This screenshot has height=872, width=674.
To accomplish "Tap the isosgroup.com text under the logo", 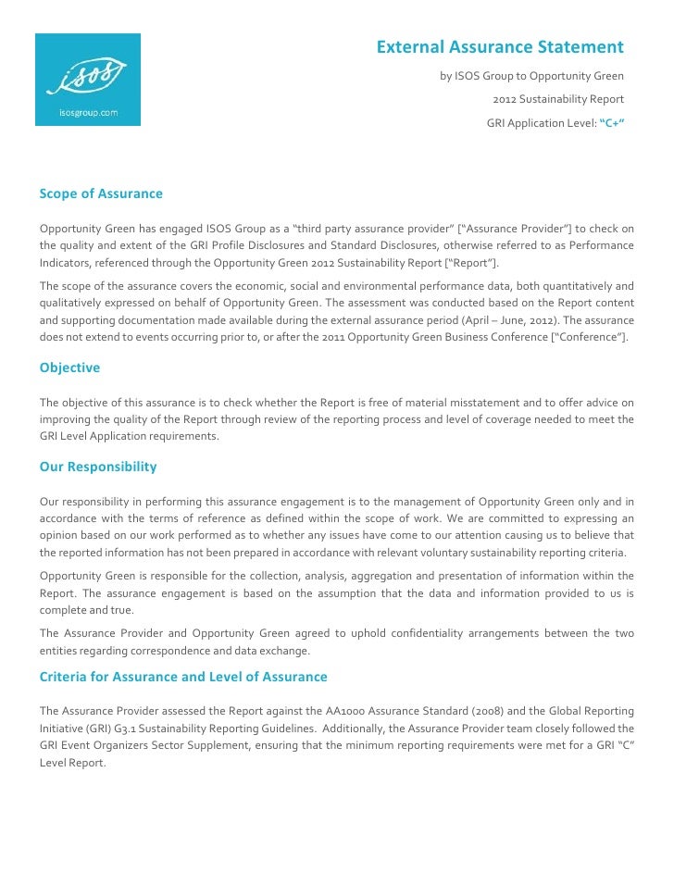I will [87, 114].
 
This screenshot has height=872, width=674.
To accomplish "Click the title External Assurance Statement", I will [500, 47].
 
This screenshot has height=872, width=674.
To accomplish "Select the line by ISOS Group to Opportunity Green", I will [531, 76].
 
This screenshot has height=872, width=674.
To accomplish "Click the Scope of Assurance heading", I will [101, 193].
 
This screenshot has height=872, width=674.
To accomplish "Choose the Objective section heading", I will [69, 367].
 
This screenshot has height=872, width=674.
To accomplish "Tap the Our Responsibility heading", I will [98, 467].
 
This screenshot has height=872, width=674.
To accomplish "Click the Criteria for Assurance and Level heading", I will [183, 677].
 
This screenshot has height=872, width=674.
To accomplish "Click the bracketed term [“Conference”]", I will [589, 338].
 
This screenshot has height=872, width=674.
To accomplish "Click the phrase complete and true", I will [85, 611].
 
